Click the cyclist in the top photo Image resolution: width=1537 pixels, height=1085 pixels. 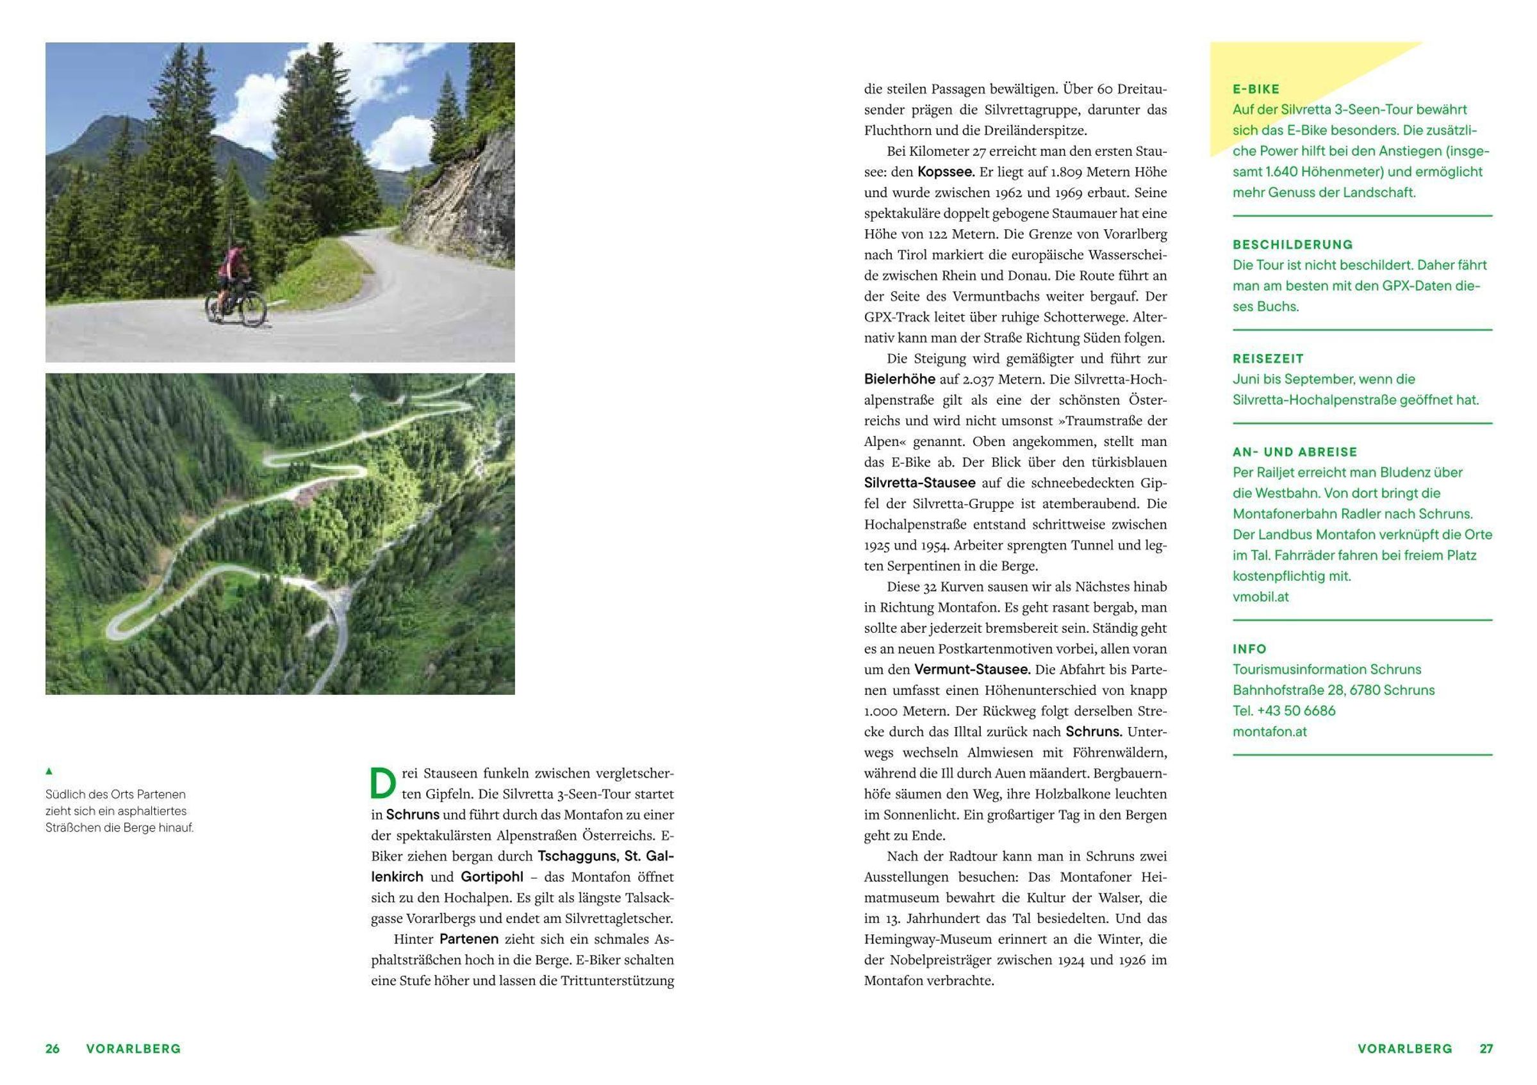click(x=233, y=274)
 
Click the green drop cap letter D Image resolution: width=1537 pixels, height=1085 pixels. click(x=383, y=783)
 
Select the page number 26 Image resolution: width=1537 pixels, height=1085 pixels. click(x=53, y=1049)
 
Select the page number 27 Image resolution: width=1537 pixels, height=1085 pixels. click(x=1486, y=1049)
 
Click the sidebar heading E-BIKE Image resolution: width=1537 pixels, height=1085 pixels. click(x=1256, y=89)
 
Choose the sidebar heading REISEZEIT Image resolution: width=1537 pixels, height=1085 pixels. click(x=1268, y=359)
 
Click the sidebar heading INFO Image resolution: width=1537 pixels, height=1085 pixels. click(x=1250, y=649)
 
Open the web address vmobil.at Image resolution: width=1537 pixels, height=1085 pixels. click(x=1260, y=596)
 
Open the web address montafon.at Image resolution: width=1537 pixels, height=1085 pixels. click(x=1269, y=731)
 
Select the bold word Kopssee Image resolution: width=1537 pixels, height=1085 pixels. click(x=946, y=172)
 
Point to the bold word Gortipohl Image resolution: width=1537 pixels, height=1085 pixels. click(x=492, y=877)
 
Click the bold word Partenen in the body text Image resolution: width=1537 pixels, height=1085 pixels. click(x=468, y=939)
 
